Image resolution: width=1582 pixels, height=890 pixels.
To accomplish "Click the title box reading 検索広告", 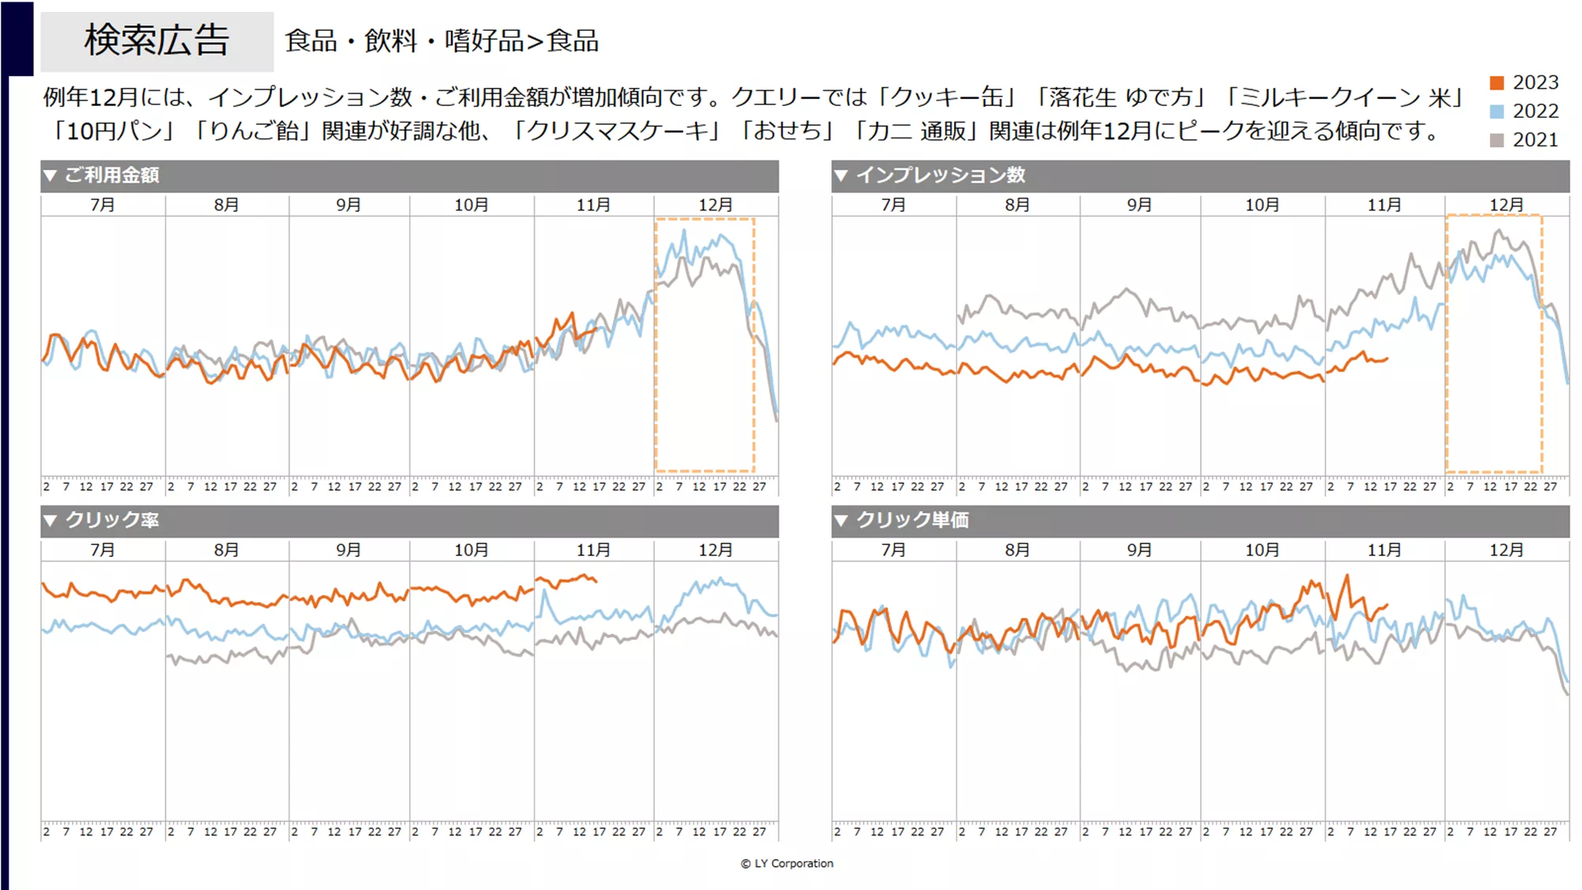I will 157,41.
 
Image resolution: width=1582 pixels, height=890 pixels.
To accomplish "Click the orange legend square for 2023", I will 1497,83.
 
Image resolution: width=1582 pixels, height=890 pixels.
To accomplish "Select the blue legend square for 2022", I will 1497,112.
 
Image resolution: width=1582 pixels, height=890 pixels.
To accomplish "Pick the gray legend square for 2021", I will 1497,140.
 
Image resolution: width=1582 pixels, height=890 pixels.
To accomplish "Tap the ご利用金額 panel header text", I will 112,175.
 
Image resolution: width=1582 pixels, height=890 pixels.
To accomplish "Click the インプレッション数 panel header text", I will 940,175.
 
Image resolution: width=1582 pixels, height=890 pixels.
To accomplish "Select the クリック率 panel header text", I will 112,520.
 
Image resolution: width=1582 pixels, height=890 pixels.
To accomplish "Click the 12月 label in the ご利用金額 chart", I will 715,205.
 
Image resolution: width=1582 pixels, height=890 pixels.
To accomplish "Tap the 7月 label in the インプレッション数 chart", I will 893,205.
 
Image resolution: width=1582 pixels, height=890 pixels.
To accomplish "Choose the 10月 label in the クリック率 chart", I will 471,550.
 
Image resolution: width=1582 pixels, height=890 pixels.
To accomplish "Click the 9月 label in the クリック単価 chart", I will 1139,550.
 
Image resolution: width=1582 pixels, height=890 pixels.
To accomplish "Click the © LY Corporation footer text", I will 787,863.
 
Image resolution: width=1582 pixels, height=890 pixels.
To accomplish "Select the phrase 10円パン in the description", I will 113,131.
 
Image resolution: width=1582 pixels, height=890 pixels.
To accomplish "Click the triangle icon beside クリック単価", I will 841,521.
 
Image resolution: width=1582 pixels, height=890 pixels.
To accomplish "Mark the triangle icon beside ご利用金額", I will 50,176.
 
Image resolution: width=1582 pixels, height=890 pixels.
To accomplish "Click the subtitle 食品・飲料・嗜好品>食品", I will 441,41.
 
